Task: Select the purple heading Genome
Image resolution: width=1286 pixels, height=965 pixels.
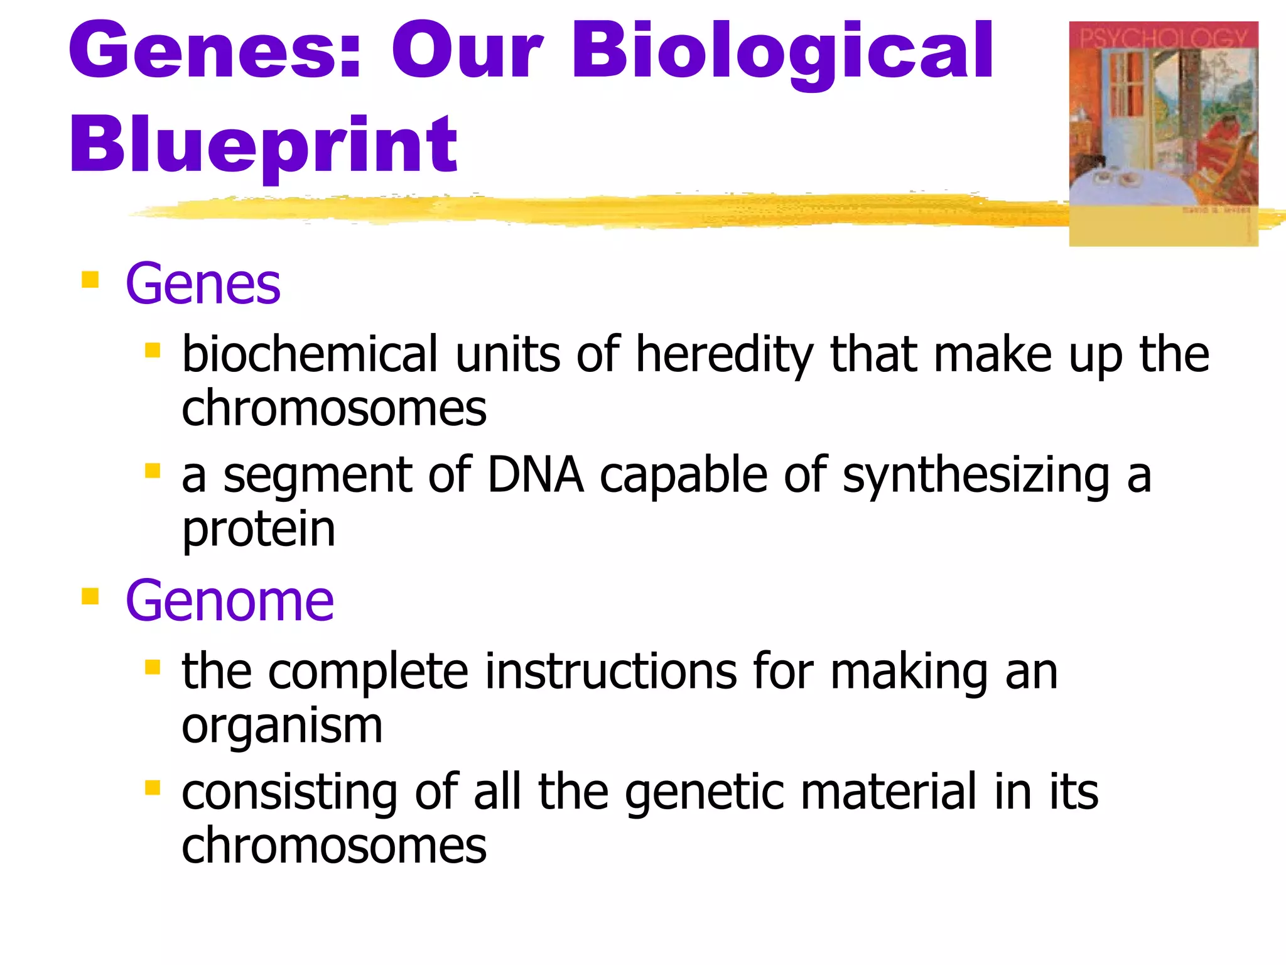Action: coord(230,601)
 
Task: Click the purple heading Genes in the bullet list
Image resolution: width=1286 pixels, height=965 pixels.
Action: coord(203,285)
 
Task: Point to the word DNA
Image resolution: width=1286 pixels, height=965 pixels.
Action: coord(536,476)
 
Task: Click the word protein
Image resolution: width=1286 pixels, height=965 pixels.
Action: coord(259,530)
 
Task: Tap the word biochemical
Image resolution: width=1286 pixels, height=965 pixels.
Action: coord(310,354)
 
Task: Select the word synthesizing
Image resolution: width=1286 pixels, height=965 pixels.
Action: coord(976,476)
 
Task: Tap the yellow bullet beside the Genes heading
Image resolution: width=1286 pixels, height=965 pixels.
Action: coord(90,279)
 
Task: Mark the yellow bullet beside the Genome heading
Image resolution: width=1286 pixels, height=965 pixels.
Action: coord(90,596)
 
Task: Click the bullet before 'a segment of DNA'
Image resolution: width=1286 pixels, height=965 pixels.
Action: coord(153,471)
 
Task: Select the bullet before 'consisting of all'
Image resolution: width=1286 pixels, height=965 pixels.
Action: coord(153,787)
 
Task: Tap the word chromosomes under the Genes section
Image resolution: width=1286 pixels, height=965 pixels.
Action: coord(334,408)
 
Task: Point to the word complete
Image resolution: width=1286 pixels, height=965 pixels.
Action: coord(369,672)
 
